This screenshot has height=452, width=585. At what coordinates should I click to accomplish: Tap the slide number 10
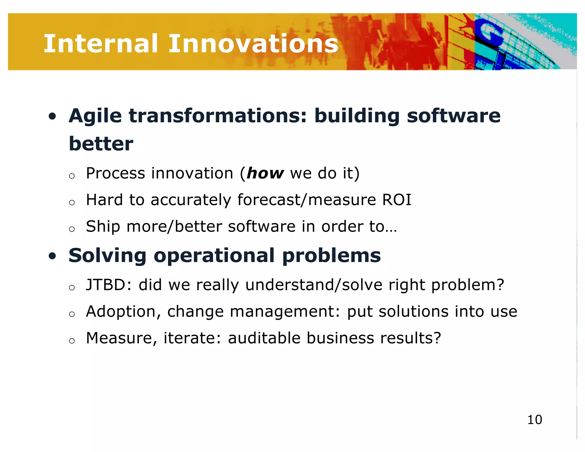point(534,420)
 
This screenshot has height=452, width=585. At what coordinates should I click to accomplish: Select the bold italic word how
point(265,173)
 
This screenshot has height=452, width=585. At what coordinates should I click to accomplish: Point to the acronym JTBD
point(109,285)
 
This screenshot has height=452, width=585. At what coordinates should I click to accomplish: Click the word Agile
point(95,116)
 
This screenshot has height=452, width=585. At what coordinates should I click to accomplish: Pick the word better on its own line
point(101,144)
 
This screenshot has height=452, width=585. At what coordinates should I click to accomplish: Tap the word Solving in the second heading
point(107,255)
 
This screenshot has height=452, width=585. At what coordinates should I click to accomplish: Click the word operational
point(214,255)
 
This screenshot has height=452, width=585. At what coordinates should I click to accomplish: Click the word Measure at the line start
point(122,338)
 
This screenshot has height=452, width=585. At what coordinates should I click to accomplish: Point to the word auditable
point(264,338)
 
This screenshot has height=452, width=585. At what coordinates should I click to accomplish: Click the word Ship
point(103,227)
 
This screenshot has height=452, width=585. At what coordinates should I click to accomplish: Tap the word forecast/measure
point(306,200)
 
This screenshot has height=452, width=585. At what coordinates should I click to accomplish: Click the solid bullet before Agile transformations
point(52,116)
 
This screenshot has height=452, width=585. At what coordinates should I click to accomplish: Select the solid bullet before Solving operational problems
point(52,256)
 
